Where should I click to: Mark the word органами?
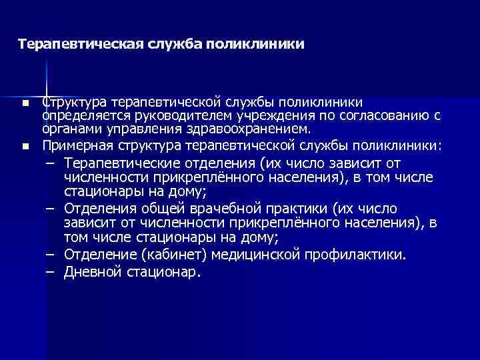(x=66, y=129)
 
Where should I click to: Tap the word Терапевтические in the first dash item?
(x=119, y=163)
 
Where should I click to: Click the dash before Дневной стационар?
(x=50, y=271)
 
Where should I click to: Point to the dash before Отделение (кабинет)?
(x=50, y=255)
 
